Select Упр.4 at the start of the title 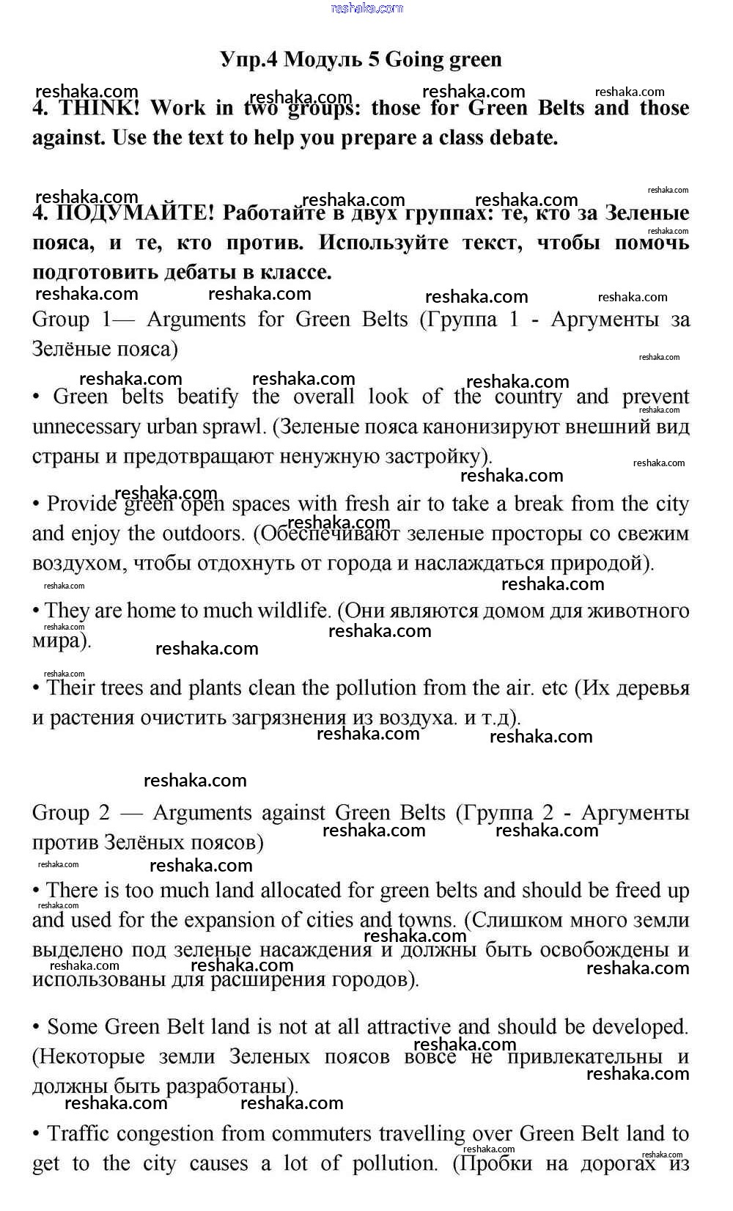coord(249,59)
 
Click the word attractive coord(408,1027)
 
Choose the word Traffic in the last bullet coord(78,1134)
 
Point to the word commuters coord(295,1134)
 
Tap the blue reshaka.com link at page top coord(366,8)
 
